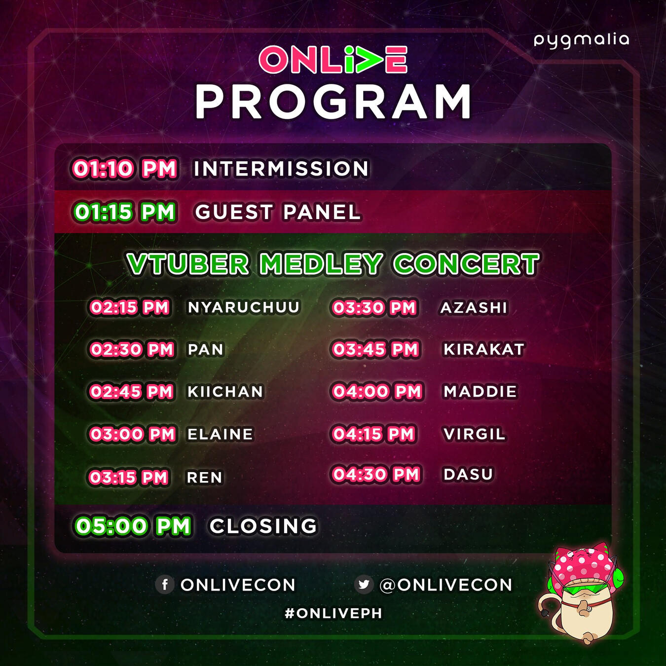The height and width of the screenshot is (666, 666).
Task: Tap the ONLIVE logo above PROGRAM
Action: [333, 59]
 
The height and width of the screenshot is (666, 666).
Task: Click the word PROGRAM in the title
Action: [333, 102]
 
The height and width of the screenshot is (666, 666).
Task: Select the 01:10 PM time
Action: [124, 169]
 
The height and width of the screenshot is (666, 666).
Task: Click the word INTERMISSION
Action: [281, 169]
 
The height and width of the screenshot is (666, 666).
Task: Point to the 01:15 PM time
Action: [124, 212]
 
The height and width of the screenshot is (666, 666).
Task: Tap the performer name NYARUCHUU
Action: [243, 307]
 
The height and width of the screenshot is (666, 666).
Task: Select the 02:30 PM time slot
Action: [131, 349]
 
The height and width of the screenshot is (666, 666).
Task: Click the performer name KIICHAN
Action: [225, 392]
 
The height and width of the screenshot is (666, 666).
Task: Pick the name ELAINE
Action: [220, 434]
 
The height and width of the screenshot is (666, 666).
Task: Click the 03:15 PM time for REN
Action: [129, 477]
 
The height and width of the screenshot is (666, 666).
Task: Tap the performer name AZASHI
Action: [474, 307]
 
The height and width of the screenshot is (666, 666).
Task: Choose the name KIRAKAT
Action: [484, 349]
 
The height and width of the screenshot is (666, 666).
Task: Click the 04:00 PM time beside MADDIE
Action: [377, 392]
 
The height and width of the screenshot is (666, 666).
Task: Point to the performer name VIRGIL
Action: [474, 434]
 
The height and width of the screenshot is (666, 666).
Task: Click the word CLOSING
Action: [263, 526]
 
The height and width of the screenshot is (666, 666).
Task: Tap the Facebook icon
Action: [164, 585]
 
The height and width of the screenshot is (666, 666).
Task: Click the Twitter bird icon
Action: [364, 585]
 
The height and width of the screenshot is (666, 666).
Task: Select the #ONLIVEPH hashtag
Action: [333, 613]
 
